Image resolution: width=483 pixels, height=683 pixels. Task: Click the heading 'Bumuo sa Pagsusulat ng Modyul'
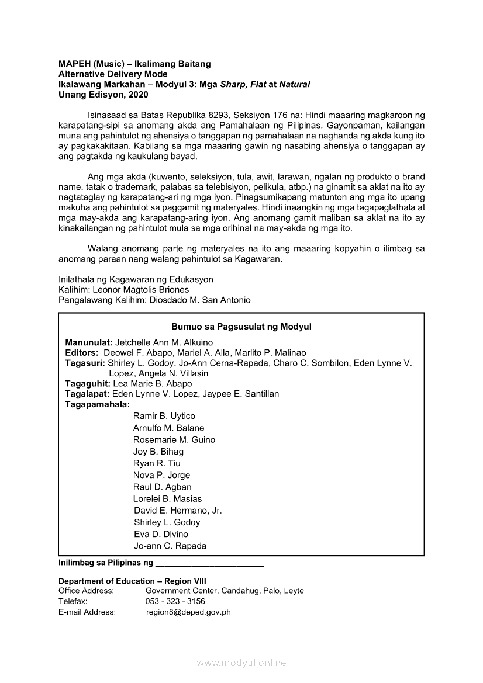[241, 327]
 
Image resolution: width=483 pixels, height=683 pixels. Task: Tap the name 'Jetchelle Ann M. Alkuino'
[164, 342]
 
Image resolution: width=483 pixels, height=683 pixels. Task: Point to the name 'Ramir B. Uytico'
[164, 416]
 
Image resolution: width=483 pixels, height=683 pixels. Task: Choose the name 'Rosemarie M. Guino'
[174, 439]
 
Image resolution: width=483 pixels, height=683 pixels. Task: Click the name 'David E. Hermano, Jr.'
[178, 510]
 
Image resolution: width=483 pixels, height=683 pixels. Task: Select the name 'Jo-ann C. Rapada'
[170, 546]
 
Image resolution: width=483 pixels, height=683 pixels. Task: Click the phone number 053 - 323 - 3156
[175, 601]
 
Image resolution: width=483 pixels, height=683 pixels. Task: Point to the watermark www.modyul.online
[241, 663]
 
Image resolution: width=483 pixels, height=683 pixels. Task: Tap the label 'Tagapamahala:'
[97, 404]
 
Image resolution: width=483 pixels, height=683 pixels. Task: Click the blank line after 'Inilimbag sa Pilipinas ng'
[209, 563]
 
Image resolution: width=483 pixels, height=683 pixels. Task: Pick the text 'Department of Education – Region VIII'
[128, 581]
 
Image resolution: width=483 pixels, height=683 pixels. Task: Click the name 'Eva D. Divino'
[161, 534]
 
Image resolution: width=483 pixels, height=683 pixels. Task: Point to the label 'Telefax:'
[73, 601]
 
